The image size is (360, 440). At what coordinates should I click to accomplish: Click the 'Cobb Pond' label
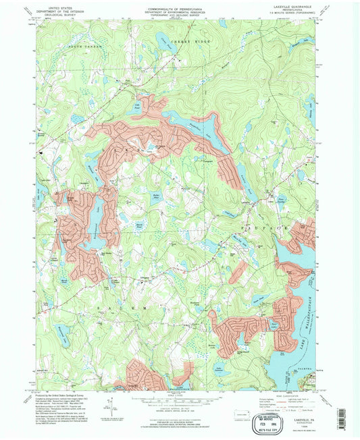pos(136,104)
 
